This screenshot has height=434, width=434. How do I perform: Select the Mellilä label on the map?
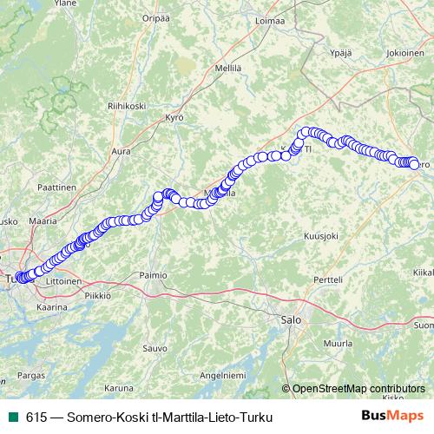(x=227, y=67)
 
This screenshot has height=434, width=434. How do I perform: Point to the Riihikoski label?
(x=126, y=106)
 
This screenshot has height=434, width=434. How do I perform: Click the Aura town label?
(x=122, y=151)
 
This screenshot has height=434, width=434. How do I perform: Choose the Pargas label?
(x=30, y=375)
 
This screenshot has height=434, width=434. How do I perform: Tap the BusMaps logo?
(x=393, y=417)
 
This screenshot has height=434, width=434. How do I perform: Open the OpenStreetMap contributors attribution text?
(x=358, y=388)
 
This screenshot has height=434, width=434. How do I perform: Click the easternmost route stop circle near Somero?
(x=414, y=164)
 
